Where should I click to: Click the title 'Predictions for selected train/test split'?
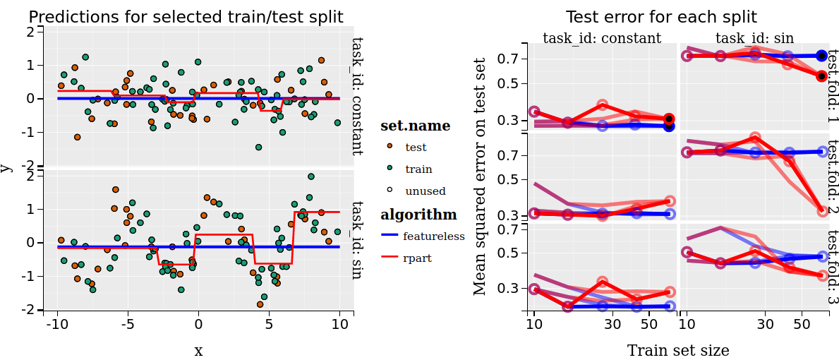(186, 17)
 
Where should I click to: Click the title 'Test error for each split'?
(661, 17)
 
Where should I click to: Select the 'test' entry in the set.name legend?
(416, 148)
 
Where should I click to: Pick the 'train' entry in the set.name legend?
(418, 169)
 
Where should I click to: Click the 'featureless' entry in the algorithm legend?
(433, 236)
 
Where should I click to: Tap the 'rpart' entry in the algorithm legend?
(417, 258)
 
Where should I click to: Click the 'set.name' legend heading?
(415, 126)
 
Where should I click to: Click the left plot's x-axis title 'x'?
(198, 351)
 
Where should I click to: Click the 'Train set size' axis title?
(677, 350)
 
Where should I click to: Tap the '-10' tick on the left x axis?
(56, 325)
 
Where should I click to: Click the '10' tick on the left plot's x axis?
(340, 325)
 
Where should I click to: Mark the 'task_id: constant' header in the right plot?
(602, 38)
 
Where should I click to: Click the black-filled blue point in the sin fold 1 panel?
(821, 55)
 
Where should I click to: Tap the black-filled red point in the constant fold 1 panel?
(669, 119)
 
